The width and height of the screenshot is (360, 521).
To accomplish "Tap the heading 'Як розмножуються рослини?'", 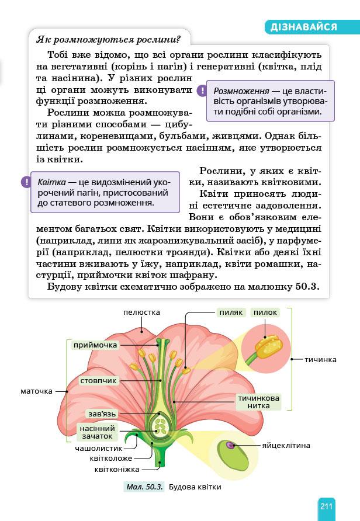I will click(108, 40).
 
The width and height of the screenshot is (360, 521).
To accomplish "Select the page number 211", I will click(326, 506).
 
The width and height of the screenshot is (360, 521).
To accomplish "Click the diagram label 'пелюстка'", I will click(141, 312).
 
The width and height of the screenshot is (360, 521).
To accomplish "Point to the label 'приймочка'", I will click(95, 345).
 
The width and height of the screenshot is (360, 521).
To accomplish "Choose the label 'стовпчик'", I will click(99, 381).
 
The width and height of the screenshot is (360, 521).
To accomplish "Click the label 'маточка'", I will click(36, 391).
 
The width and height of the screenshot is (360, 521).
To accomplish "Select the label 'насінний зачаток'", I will click(96, 432).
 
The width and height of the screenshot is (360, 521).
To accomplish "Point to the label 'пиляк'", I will click(231, 312).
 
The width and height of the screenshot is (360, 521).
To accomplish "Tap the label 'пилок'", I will click(265, 312).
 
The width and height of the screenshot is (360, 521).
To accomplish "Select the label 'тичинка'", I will click(320, 360).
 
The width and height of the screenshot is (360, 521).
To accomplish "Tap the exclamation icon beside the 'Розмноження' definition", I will click(202, 91).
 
